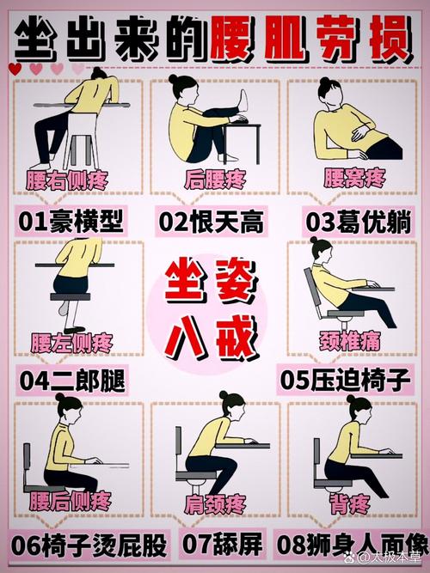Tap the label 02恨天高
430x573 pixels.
tap(211, 222)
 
